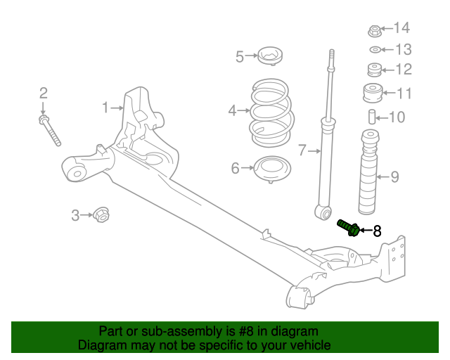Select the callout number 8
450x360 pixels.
[377, 231]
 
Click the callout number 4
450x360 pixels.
[232, 110]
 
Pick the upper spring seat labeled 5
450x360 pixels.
[271, 55]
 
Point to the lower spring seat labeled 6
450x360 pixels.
[271, 169]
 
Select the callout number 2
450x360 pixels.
[43, 93]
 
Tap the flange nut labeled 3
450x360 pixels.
[101, 214]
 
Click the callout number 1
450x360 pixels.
[106, 108]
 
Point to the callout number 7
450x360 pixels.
[302, 150]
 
